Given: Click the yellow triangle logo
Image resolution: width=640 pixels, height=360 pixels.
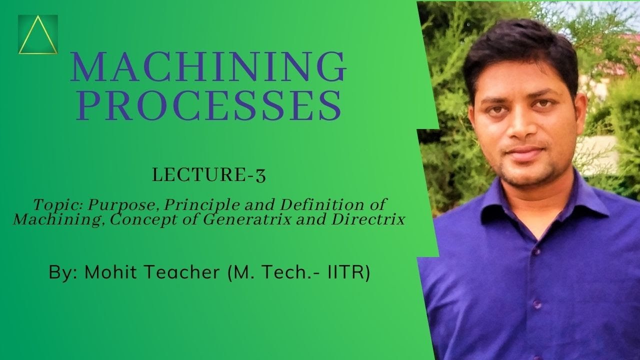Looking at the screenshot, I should click(37, 35).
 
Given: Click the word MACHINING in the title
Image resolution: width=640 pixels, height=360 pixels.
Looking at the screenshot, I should click(208, 67).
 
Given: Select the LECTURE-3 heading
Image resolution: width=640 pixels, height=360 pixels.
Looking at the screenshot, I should click(209, 175).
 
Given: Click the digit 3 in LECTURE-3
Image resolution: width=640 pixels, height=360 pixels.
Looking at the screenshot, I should click(260, 176).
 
